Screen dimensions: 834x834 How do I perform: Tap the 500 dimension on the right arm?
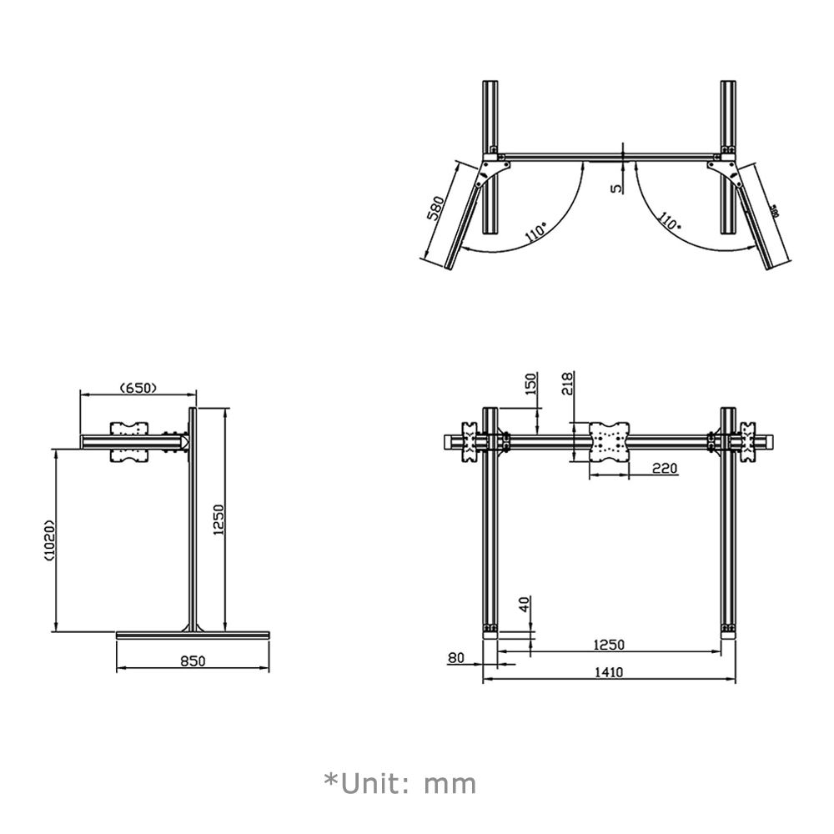775,212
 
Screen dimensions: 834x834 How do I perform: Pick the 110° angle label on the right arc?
667,221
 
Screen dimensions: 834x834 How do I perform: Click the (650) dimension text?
139,387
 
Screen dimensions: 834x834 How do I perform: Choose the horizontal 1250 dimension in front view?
609,644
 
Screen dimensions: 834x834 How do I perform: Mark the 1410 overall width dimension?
609,671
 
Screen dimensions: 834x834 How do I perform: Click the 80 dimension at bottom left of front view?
455,657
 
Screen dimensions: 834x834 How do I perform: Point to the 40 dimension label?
523,605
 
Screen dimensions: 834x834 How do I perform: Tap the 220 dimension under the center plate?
664,469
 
